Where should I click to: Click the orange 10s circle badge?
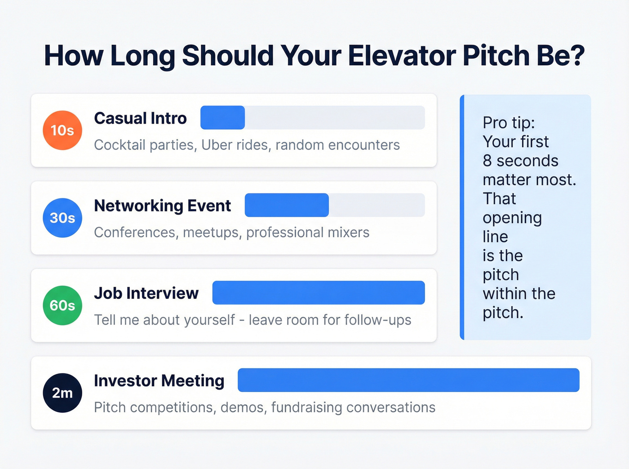click(62, 130)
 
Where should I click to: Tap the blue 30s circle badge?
click(62, 218)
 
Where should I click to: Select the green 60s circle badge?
click(62, 305)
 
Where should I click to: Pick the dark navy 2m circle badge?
click(62, 393)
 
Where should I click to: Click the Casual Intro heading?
click(140, 118)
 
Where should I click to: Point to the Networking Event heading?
click(162, 206)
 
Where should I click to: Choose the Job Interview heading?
click(146, 294)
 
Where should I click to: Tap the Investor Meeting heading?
click(159, 381)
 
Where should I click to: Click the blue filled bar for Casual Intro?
click(222, 118)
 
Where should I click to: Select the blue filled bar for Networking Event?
click(287, 205)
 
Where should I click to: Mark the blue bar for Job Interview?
click(318, 293)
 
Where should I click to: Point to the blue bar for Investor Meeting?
click(408, 380)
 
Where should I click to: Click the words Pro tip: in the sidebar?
click(509, 123)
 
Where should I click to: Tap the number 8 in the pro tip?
click(487, 161)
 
